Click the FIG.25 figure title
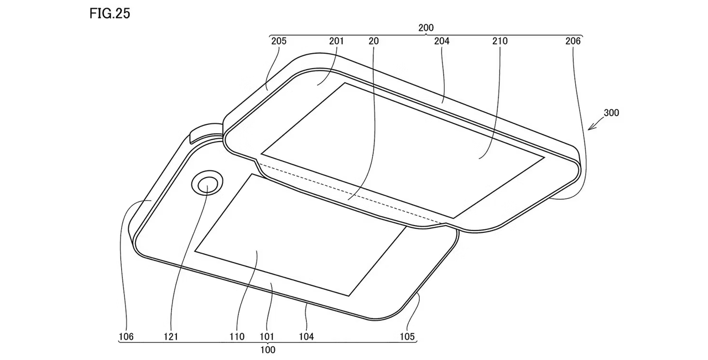coord(110,14)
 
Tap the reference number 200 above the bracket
coord(426,28)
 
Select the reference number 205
coord(279,41)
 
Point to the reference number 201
coord(336,41)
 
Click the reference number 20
coord(373,41)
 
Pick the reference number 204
coord(442,41)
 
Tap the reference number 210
coord(500,41)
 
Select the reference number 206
coord(573,41)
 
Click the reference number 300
coord(611,113)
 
